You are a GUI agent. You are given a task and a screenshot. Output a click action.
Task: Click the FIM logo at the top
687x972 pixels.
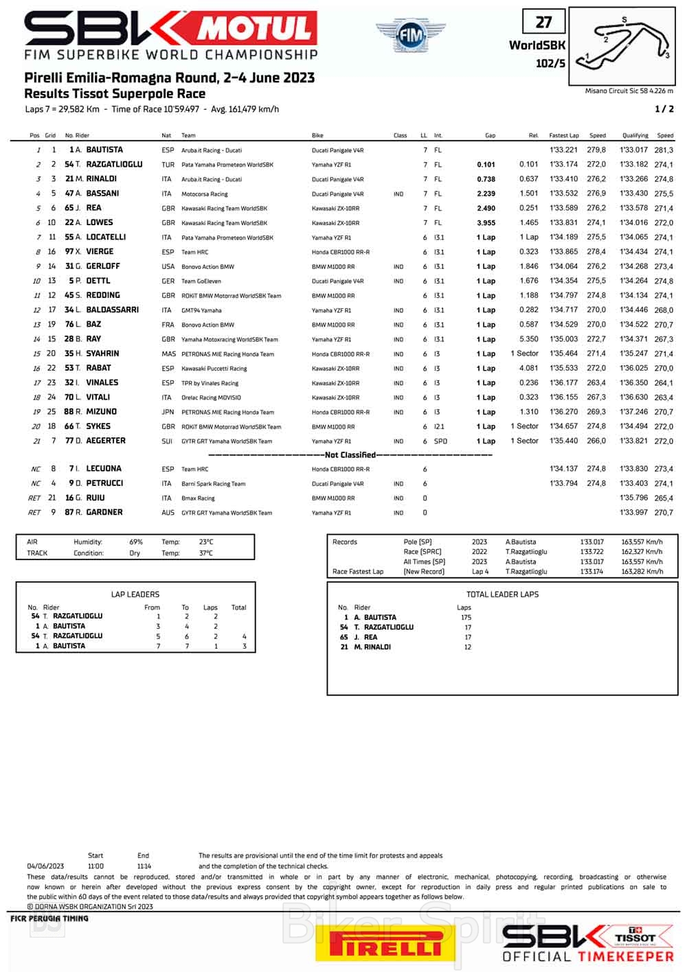(411, 36)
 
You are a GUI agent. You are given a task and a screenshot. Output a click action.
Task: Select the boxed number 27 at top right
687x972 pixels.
(543, 23)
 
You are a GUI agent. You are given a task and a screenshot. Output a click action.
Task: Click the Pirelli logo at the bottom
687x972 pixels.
(386, 942)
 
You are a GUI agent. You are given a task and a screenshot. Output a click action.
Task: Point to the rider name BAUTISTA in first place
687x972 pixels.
(104, 150)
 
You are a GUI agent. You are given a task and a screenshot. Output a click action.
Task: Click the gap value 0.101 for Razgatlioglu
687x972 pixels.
(486, 165)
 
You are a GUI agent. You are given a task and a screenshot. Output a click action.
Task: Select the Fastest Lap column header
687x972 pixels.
(564, 136)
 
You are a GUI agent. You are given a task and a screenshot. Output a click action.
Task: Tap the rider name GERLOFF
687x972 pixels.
(103, 266)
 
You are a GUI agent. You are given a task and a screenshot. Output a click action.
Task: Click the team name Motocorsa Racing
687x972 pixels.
(204, 194)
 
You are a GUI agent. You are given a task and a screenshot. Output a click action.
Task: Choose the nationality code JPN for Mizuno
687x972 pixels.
(168, 413)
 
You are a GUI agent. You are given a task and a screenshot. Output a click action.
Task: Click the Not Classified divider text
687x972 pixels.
(350, 455)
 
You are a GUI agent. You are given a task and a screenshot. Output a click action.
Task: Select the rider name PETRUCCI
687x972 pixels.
(104, 483)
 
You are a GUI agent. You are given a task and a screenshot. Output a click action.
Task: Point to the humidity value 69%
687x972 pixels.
(136, 542)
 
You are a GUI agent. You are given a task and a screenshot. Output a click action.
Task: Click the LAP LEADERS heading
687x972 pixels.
(135, 594)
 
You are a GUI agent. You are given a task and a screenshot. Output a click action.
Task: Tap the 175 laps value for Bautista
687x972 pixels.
(466, 618)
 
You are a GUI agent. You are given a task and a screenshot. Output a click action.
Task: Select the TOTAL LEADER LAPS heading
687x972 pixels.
(502, 594)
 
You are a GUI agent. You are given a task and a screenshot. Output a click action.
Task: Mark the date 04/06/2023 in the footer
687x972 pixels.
(45, 866)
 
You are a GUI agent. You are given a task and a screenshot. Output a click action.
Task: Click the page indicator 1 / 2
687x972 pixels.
(664, 109)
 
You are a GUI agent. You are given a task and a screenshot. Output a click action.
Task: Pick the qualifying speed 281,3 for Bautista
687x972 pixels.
(664, 150)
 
